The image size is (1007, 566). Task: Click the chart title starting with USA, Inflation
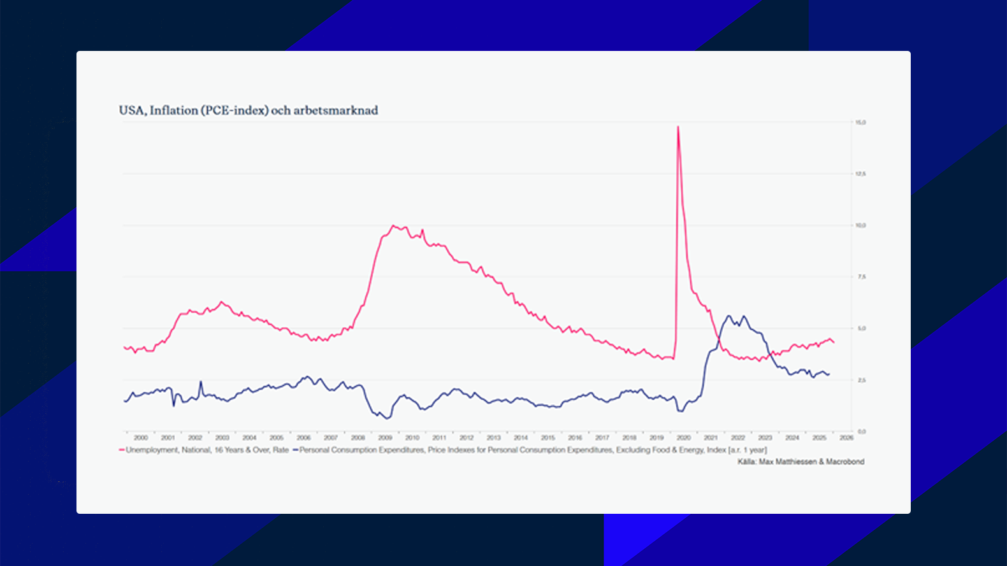coord(248,110)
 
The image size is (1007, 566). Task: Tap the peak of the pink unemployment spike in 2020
coord(678,127)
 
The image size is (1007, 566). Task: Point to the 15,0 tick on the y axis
coord(860,122)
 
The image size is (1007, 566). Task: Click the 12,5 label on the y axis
coord(860,174)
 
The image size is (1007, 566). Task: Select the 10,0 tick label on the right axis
coord(860,225)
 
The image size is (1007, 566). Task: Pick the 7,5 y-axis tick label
coord(861,277)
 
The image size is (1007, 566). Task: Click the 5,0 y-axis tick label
coord(861,329)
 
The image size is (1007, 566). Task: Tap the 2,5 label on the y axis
coord(861,380)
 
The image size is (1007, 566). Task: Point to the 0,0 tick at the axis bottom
coord(861,432)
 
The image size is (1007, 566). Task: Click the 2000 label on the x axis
coord(141,438)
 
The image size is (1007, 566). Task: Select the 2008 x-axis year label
coord(358,438)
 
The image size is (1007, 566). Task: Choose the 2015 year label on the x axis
coord(548,438)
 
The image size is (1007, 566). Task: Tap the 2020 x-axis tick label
coord(684,438)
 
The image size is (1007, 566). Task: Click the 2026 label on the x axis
coord(846,438)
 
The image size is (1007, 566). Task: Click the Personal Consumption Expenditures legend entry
coord(529,450)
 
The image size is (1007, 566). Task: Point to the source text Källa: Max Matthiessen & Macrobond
coord(801,462)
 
